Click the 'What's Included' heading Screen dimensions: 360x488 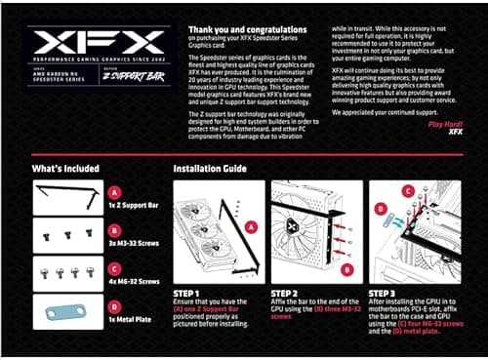(x=65, y=169)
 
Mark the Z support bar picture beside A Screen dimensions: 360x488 (x=67, y=198)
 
